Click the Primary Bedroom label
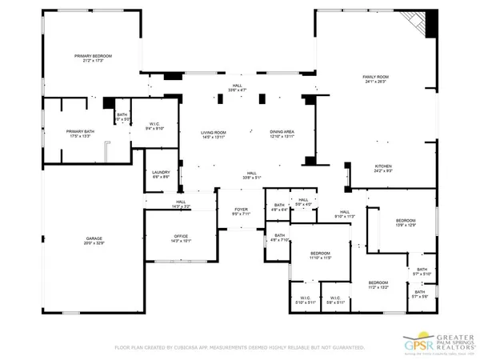tap(93, 56)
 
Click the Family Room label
tap(374, 76)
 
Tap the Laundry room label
tap(161, 172)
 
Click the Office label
tap(181, 236)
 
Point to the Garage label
tap(94, 238)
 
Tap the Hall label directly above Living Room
tap(237, 87)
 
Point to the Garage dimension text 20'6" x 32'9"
tap(94, 242)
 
